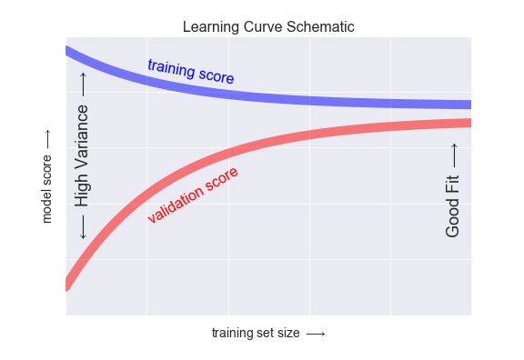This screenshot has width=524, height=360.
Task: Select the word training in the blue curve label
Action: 170,67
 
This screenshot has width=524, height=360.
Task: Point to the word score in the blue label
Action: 216,75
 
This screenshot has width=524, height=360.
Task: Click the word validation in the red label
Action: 176,205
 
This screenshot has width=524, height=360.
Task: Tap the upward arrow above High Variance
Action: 83,84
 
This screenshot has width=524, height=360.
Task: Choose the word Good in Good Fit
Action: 453,218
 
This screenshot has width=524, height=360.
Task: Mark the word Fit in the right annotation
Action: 453,184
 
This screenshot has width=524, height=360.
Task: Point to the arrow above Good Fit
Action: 453,154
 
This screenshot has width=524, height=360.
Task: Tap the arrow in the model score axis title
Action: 48,140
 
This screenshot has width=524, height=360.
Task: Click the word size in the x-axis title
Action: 287,334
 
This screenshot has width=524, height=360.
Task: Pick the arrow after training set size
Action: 316,334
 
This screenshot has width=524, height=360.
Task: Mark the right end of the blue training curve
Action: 469,105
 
